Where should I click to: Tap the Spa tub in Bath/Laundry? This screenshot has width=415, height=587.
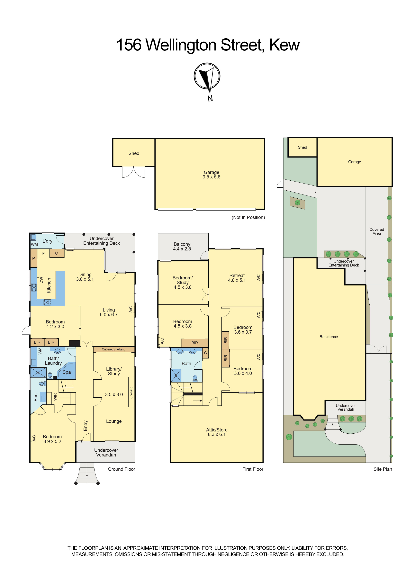66,371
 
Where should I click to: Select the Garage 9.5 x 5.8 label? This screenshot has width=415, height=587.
212,175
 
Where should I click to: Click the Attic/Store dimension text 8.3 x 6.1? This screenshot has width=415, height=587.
217,434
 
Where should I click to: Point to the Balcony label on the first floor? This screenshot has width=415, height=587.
182,244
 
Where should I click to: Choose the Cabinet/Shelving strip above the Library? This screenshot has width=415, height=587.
114,349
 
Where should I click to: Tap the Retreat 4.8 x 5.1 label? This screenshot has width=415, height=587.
237,278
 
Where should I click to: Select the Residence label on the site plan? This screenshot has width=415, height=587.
329,337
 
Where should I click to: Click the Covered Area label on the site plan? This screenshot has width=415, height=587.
377,231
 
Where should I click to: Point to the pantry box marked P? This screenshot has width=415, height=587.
33,258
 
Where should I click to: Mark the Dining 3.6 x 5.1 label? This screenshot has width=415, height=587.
85,277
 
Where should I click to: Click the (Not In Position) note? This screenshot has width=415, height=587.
248,217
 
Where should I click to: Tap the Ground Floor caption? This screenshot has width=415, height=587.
122,469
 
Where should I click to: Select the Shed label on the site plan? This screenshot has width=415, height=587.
302,147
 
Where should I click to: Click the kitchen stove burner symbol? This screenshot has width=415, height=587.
47,303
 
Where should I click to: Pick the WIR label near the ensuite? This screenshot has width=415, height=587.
55,397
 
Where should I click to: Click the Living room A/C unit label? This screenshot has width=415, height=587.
131,309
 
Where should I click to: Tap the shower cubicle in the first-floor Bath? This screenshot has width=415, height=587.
176,375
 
